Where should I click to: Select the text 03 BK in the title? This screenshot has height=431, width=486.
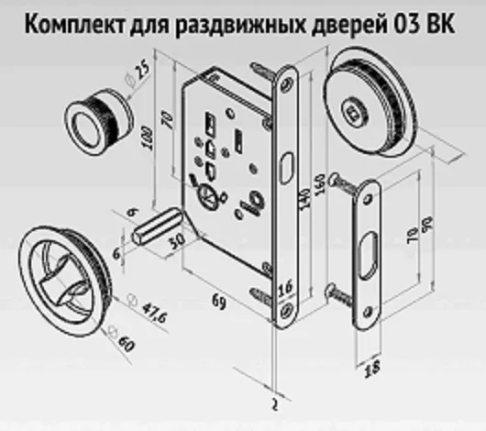pyautogui.click(x=424, y=23)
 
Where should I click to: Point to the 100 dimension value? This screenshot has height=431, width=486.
pyautogui.click(x=149, y=138)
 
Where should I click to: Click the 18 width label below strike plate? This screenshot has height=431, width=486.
pyautogui.click(x=371, y=369)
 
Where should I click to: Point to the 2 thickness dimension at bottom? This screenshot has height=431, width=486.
pyautogui.click(x=274, y=404)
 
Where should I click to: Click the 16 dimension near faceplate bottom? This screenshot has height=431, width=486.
pyautogui.click(x=285, y=289)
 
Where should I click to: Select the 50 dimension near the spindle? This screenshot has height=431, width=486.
pyautogui.click(x=177, y=240)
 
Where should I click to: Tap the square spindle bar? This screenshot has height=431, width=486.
pyautogui.click(x=158, y=226)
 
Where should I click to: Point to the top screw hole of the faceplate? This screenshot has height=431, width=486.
pyautogui.click(x=287, y=83)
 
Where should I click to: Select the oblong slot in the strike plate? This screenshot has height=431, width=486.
pyautogui.click(x=369, y=256)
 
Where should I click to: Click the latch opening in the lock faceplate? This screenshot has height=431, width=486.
pyautogui.click(x=286, y=168)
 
